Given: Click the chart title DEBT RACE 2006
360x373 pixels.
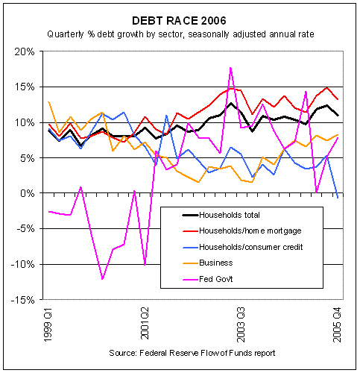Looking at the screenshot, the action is [179, 21].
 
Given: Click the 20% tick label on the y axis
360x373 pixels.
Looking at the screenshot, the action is [25, 52].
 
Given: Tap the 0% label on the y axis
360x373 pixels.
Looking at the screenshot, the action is [28, 193].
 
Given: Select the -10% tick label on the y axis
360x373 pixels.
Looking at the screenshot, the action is [23, 264].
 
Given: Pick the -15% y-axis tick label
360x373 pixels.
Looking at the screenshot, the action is [23, 300].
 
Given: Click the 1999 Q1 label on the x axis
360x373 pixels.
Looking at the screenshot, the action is [48, 325].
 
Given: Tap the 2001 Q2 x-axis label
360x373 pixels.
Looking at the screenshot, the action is [145, 323].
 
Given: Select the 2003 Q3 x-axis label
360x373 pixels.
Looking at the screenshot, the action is [241, 325].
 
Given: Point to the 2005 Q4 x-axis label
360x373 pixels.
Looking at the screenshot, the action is [337, 325].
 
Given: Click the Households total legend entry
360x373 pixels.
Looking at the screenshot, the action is [221, 215].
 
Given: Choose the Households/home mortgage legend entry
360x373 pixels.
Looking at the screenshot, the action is [242, 231].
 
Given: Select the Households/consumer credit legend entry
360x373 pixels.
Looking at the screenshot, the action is [243, 247].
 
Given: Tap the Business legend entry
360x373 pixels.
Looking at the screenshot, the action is [208, 263].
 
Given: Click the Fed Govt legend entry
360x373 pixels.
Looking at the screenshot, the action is [208, 279].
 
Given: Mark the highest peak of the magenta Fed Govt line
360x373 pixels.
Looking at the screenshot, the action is [230, 67].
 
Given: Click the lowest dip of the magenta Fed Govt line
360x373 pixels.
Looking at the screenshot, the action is [102, 279].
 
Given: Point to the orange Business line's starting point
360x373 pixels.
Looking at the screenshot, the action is [48, 101].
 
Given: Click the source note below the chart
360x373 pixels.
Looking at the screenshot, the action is [192, 353].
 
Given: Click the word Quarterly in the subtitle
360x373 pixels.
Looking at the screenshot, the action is [66, 34].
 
